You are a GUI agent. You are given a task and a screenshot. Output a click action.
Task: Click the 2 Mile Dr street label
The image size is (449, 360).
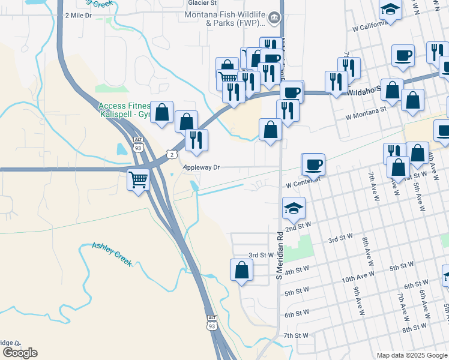pyautogui.click(x=78, y=14)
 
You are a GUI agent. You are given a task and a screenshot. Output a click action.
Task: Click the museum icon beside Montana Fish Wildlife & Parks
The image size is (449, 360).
pyautogui.click(x=274, y=18)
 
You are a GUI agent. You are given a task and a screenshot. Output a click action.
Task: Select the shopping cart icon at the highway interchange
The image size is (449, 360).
pyautogui.click(x=139, y=179)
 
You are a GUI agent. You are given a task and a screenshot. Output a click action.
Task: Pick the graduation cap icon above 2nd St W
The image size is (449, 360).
pyautogui.click(x=294, y=208)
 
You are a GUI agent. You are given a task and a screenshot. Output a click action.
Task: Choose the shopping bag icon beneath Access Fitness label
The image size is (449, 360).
pyautogui.click(x=162, y=112)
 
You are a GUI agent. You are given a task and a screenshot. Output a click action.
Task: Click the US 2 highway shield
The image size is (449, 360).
pyautogui.click(x=172, y=154)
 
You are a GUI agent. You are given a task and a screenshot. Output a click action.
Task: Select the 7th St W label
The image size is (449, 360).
pyautogui.click(x=295, y=335)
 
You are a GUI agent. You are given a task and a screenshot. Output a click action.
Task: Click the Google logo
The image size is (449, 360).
pyautogui.click(x=20, y=353)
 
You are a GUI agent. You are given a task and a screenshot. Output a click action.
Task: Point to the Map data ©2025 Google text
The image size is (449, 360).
pyautogui.click(x=412, y=355)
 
